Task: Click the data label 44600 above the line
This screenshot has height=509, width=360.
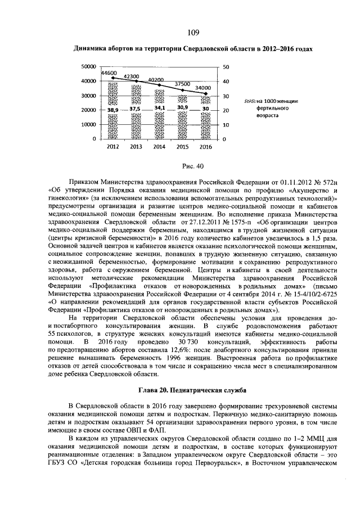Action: pyautogui.click(x=109, y=74)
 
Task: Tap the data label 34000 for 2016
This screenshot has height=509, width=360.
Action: pyautogui.click(x=204, y=88)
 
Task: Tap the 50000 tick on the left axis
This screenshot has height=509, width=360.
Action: pyautogui.click(x=88, y=67)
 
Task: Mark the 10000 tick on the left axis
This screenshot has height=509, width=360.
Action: pyautogui.click(x=88, y=124)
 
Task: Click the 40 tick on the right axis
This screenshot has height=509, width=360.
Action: pyautogui.click(x=226, y=82)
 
